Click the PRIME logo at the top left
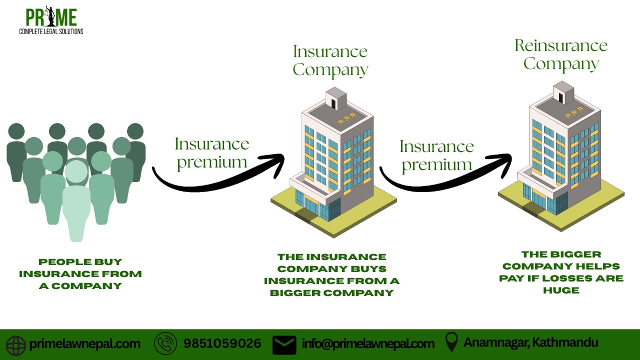(51, 20)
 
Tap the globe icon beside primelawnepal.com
(16, 345)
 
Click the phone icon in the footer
(165, 343)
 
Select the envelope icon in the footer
(284, 344)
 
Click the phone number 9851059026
(222, 343)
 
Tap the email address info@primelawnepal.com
(368, 343)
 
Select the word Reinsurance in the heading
(561, 45)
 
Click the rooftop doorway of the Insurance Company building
(333, 103)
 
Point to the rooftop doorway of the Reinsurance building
(560, 97)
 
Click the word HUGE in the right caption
(561, 290)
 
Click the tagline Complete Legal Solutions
(51, 31)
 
